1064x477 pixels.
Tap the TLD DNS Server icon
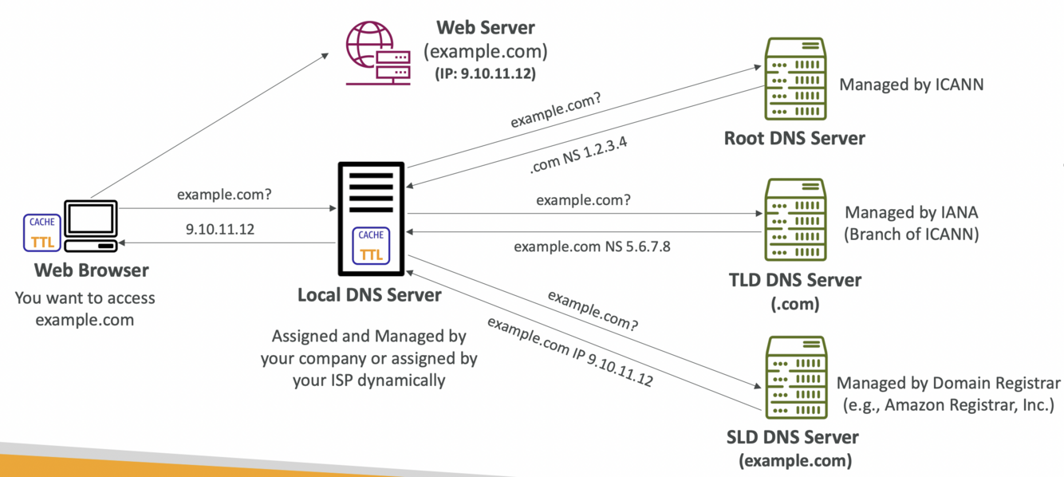point(794,221)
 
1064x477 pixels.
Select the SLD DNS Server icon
point(794,379)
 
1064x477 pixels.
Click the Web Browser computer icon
point(91,226)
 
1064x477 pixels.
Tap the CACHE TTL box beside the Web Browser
point(42,232)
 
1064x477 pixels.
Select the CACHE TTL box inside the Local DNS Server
point(371,244)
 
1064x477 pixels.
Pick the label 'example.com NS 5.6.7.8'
point(592,246)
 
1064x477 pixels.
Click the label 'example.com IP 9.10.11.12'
point(569,352)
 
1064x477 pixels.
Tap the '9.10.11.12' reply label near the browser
point(220,229)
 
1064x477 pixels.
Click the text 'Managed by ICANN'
point(912,84)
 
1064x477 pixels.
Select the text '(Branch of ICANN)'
point(912,234)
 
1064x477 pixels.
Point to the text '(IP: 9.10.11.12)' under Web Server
point(485,73)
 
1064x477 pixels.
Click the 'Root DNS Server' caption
point(794,138)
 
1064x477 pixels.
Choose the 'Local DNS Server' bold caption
point(369,295)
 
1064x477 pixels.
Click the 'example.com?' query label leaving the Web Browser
point(224,194)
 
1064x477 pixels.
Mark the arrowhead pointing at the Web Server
point(325,56)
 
